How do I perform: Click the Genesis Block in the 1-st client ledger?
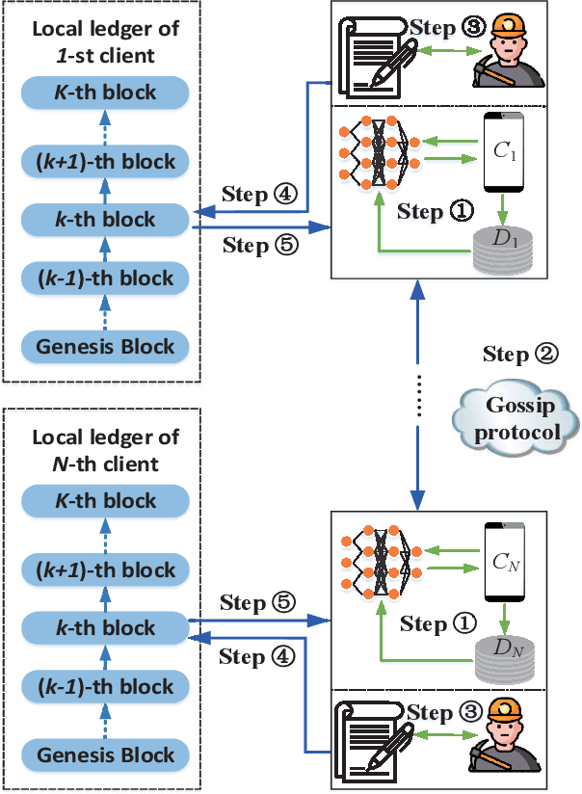pyautogui.click(x=106, y=346)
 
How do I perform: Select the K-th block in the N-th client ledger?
pyautogui.click(x=106, y=501)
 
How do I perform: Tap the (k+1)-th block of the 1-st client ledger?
pyautogui.click(x=106, y=161)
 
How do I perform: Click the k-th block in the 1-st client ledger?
pyautogui.click(x=106, y=221)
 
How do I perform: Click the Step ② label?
pyautogui.click(x=519, y=354)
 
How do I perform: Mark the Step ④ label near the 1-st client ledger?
pyautogui.click(x=257, y=195)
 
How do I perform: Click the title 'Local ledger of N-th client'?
pyautogui.click(x=106, y=451)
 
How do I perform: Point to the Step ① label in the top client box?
pyautogui.click(x=436, y=211)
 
